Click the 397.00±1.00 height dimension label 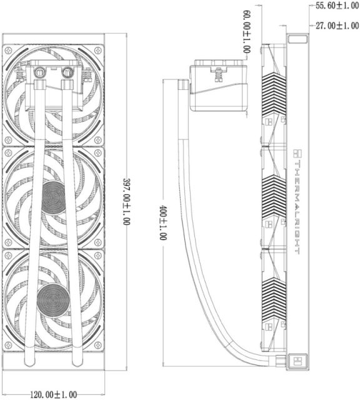click(126, 201)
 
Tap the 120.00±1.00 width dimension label click(54, 394)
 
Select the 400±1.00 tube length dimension click(162, 222)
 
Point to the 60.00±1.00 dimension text click(247, 32)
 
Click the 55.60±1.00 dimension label click(337, 6)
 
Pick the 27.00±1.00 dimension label click(337, 26)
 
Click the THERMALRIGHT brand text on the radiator click(297, 207)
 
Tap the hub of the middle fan click(54, 197)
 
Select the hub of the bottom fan click(53, 300)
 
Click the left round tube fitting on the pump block click(39, 72)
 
